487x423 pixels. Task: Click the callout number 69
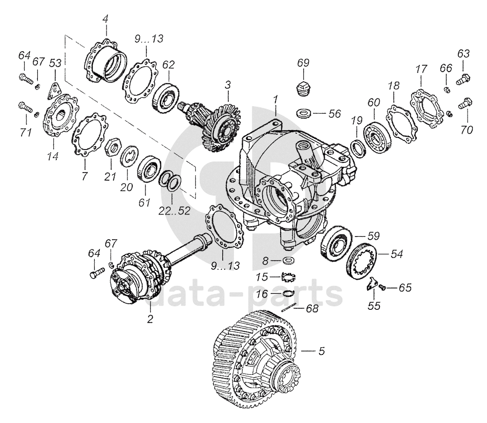coord(303,63)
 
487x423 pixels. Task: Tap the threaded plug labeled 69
coord(303,89)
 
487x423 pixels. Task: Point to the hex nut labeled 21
coord(112,149)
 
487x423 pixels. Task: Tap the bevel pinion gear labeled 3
coord(216,123)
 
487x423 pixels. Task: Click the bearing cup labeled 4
coord(107,60)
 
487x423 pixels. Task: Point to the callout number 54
coord(397,253)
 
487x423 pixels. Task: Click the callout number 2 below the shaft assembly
coord(150,319)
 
